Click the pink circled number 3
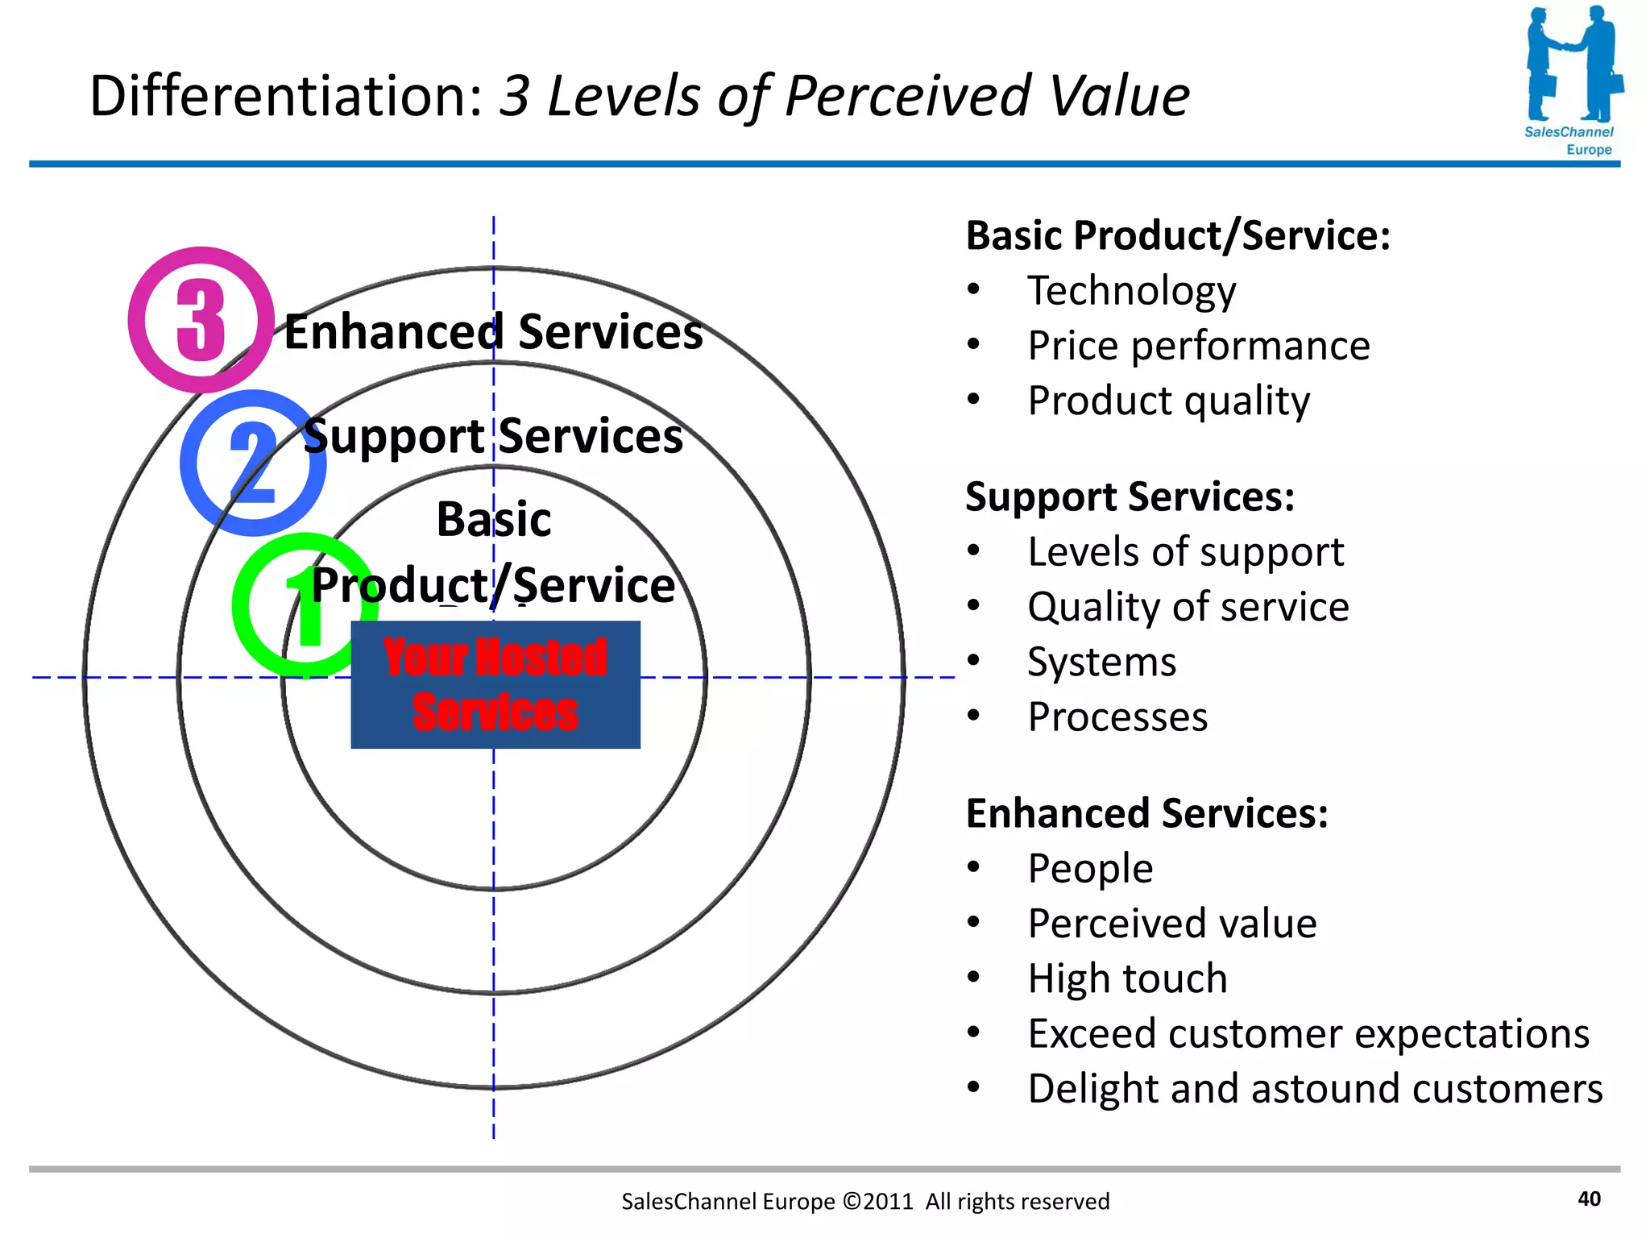click(201, 320)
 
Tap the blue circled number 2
click(253, 463)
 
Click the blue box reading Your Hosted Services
click(495, 685)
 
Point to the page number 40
click(1589, 1199)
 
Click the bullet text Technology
click(1131, 291)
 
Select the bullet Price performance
click(1198, 346)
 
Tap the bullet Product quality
click(1168, 401)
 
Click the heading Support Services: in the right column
click(1130, 496)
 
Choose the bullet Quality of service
click(1188, 607)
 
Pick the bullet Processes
click(1117, 717)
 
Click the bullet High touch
click(1127, 978)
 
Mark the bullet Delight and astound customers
click(1315, 1088)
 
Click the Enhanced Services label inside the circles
click(493, 332)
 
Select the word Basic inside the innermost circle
click(493, 519)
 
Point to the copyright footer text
click(864, 1202)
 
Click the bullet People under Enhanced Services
click(1090, 869)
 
